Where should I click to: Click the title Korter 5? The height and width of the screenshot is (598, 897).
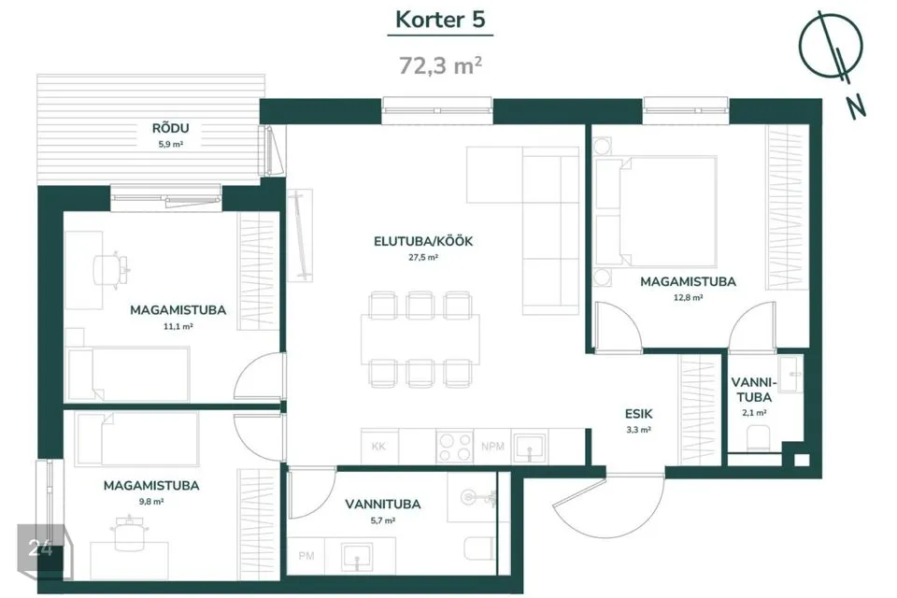440,20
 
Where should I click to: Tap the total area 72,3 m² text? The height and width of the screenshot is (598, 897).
440,65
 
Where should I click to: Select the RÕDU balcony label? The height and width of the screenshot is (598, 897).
170,128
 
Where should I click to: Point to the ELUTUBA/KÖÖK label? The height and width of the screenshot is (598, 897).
423,241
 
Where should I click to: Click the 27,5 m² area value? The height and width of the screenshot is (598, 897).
423,258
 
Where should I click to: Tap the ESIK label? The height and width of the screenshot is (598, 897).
638,414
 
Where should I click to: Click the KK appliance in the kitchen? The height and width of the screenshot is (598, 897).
379,446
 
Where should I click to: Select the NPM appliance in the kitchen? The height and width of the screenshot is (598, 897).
492,446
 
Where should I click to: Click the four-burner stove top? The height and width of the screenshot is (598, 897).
455,446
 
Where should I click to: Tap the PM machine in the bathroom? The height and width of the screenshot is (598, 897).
306,556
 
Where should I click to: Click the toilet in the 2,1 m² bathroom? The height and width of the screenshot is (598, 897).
757,438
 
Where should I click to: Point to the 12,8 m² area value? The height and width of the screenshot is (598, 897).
689,297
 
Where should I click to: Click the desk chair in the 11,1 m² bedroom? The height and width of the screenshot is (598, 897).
110,269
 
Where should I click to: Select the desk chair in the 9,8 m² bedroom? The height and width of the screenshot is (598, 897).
129,534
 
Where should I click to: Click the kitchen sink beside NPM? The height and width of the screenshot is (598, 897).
529,447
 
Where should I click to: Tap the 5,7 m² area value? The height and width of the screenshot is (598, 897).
383,520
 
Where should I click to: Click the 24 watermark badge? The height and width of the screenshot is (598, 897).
40,548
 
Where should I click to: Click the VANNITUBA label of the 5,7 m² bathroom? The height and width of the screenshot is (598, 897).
383,505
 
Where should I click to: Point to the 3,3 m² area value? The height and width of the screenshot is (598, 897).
638,430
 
